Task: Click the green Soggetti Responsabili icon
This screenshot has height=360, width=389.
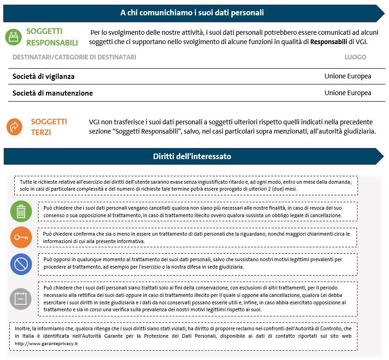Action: [14, 37]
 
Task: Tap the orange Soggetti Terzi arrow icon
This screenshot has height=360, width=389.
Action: [15, 127]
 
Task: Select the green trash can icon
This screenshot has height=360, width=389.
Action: [21, 212]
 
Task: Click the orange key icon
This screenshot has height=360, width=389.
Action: [21, 238]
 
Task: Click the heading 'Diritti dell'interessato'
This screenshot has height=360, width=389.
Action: [192, 156]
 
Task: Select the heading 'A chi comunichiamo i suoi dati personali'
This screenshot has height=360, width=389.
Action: [192, 13]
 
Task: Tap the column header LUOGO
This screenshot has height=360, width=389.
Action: [355, 57]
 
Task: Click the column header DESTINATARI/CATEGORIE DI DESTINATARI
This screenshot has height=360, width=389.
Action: [74, 57]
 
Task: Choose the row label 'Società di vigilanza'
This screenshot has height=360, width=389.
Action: [44, 76]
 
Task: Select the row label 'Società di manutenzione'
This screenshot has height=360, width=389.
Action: [52, 93]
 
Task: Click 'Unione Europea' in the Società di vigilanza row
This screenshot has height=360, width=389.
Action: [348, 76]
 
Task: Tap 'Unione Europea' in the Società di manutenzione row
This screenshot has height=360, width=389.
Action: [348, 93]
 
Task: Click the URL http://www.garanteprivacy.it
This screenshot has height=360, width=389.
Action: [46, 343]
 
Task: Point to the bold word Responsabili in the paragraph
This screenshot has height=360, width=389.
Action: [329, 42]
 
